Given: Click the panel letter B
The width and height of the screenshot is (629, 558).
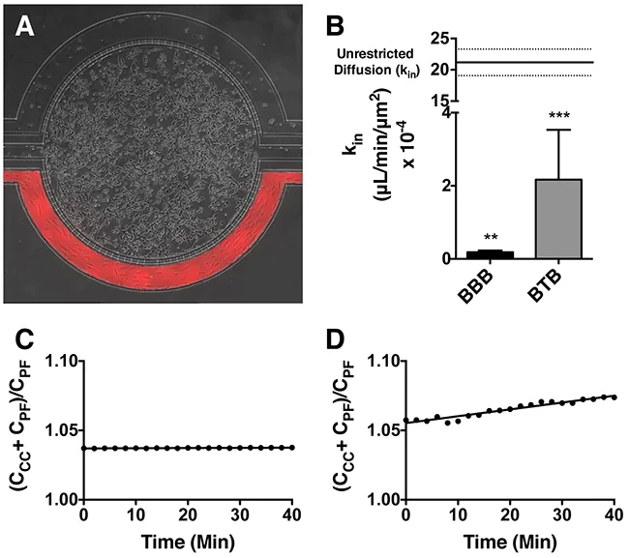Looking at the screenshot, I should tap(331, 21).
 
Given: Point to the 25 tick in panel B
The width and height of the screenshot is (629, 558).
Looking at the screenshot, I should tap(439, 39).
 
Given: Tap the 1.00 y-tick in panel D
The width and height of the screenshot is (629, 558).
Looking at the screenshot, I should tap(381, 499).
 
